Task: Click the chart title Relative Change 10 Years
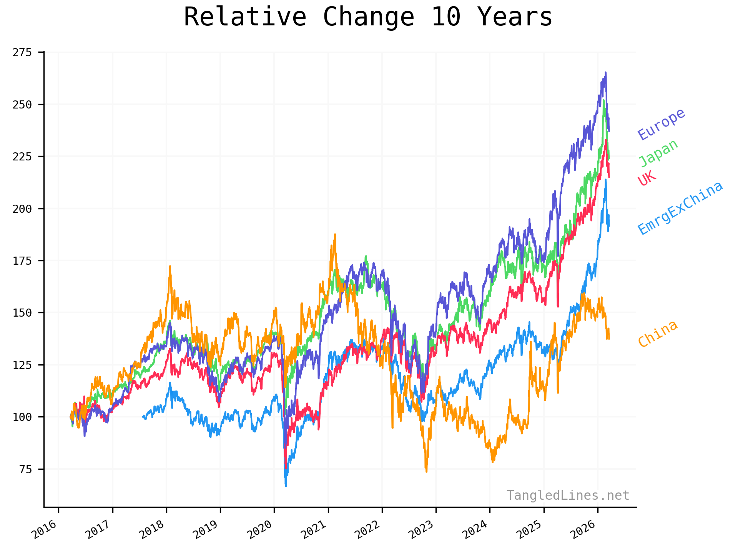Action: [368, 17]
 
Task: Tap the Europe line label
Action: [661, 124]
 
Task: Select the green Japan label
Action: [658, 153]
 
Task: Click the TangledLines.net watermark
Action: [568, 495]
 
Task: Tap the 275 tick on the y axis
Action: [22, 52]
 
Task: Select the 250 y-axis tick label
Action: [22, 104]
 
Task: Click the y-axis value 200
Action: [22, 209]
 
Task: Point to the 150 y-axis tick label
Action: [22, 313]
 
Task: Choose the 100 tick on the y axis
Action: [22, 417]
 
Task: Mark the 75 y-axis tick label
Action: [25, 469]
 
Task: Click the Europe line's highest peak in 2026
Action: [606, 72]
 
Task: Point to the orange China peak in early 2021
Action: [335, 234]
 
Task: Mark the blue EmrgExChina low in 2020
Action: [286, 486]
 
